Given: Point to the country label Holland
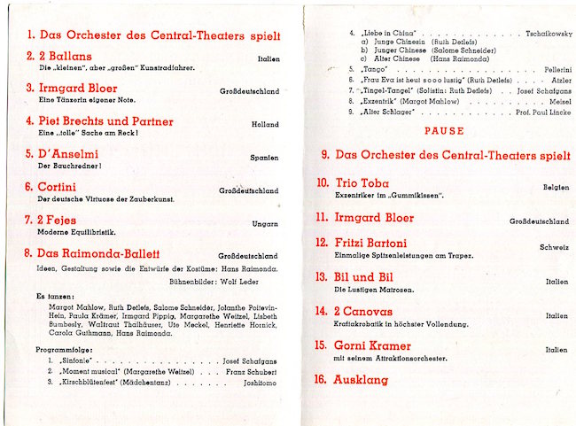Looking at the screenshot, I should [264, 125].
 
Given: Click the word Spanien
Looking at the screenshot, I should [263, 158].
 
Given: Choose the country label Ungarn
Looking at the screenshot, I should [264, 224].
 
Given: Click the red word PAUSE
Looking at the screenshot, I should [444, 131].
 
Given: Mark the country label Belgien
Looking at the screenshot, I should [555, 188].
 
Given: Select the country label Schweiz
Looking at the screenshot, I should [554, 247].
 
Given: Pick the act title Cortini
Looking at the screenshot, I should [56, 188].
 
